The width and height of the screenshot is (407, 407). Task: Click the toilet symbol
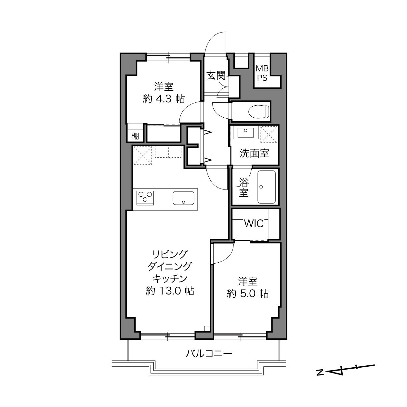(x=258, y=112)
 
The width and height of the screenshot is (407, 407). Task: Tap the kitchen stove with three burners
(x=145, y=198)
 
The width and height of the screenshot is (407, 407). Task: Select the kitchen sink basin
(x=183, y=198)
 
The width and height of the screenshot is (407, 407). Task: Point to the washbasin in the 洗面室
(x=245, y=133)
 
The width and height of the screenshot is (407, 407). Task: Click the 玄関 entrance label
(x=216, y=76)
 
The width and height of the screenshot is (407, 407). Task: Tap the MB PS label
(x=262, y=73)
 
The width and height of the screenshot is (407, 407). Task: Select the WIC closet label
(x=254, y=223)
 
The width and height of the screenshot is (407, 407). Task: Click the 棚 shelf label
(x=135, y=136)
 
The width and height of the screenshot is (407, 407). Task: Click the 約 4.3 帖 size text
(x=164, y=99)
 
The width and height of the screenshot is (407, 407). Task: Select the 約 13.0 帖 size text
(x=170, y=291)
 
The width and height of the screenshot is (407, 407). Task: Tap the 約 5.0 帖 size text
(x=248, y=294)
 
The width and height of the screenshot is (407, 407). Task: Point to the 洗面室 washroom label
(x=254, y=153)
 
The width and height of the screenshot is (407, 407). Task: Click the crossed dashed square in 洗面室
(x=269, y=134)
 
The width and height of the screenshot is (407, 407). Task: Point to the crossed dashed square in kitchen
(x=143, y=155)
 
